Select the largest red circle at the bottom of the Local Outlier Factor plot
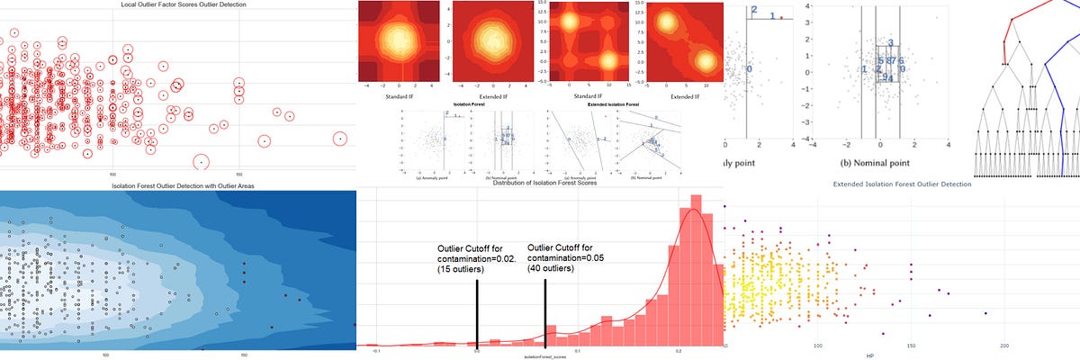[202, 162]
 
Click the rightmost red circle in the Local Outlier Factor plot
[339, 139]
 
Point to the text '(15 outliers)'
[464, 270]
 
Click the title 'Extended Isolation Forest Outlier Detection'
[900, 184]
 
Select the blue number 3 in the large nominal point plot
[890, 43]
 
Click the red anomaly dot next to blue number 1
[782, 17]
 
